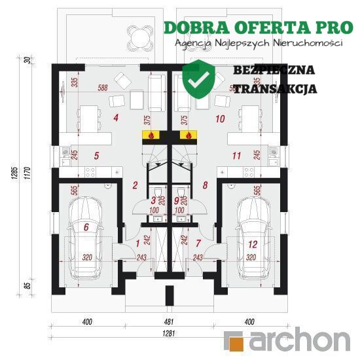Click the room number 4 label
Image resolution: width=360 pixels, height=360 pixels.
(x=116, y=118)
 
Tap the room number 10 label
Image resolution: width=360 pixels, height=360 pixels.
(x=220, y=119)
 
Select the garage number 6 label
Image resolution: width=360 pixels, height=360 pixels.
(x=86, y=227)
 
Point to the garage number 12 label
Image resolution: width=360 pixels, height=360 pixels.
(x=253, y=245)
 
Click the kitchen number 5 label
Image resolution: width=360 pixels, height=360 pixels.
(x=96, y=156)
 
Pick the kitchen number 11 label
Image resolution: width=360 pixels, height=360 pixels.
(x=236, y=156)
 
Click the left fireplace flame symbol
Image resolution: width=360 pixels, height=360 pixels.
(x=151, y=135)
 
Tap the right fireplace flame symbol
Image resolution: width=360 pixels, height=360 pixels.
(x=189, y=135)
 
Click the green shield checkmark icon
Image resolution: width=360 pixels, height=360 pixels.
(x=199, y=79)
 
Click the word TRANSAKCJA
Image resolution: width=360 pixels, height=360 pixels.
(x=276, y=88)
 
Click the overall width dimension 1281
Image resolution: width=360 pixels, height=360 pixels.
(x=169, y=333)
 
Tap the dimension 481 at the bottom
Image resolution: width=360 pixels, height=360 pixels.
(x=169, y=321)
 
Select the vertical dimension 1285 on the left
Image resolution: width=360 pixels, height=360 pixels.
(x=14, y=173)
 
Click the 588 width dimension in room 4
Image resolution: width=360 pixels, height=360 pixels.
(x=103, y=88)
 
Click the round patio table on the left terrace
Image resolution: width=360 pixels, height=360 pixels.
(x=139, y=37)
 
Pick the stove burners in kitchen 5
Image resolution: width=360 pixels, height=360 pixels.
(x=90, y=172)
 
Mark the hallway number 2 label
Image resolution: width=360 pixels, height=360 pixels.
(x=135, y=185)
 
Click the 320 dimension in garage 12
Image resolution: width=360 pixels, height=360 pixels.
(x=251, y=257)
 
